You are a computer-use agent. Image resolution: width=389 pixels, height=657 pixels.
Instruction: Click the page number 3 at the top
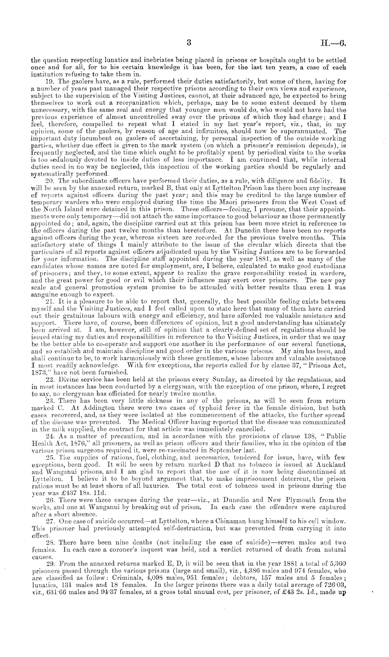tap(189, 43)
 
